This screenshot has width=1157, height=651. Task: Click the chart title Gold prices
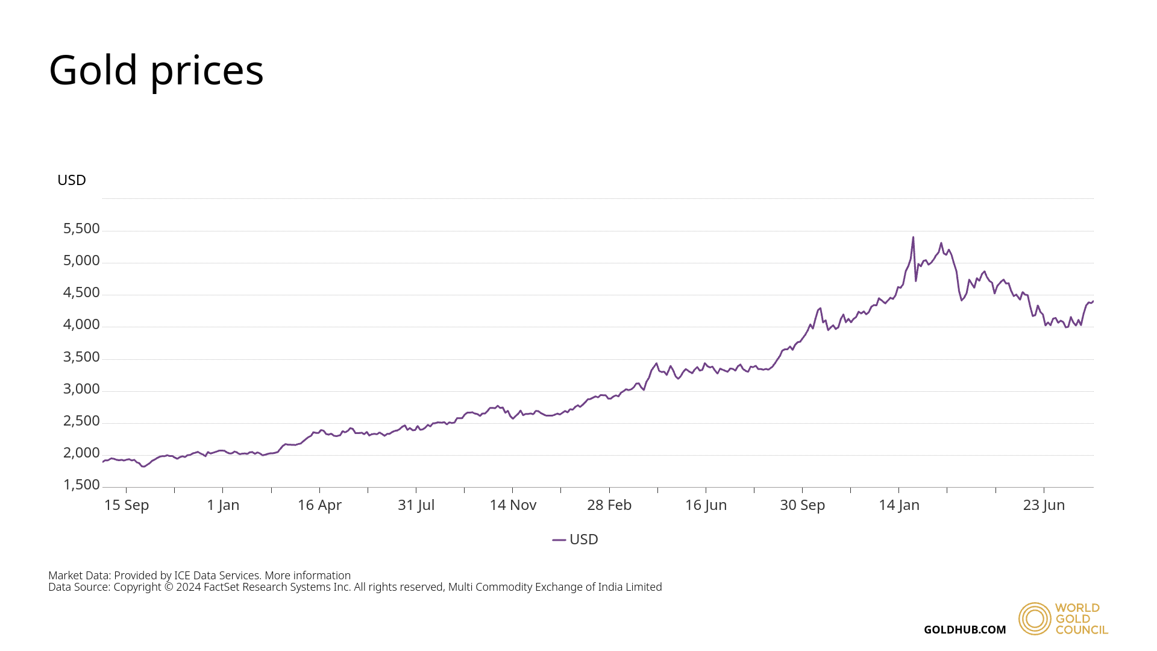click(x=156, y=70)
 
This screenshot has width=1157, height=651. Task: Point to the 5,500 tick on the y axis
click(x=81, y=228)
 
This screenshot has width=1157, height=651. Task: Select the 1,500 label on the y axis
click(x=81, y=485)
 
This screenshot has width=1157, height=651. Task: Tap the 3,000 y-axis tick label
click(x=81, y=389)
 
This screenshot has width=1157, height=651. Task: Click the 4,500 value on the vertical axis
click(x=81, y=292)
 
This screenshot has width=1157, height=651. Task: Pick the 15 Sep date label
click(x=127, y=505)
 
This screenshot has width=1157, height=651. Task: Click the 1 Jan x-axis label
click(x=223, y=505)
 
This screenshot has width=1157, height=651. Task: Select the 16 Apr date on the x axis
click(x=319, y=505)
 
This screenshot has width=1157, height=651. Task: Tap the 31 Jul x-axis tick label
click(x=416, y=505)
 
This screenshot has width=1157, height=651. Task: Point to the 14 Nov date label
click(x=513, y=505)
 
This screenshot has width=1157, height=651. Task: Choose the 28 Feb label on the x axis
click(x=609, y=505)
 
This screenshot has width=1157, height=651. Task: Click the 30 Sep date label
click(x=803, y=505)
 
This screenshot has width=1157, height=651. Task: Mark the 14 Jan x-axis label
click(x=899, y=505)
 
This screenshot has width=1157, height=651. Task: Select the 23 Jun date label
click(x=1044, y=505)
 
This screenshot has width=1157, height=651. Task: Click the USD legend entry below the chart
click(x=575, y=539)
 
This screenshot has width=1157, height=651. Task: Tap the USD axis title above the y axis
click(x=72, y=180)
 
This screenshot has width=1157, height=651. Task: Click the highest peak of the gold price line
click(x=913, y=237)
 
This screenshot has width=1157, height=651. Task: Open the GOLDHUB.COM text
click(x=965, y=630)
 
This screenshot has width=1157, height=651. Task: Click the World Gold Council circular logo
click(x=1035, y=618)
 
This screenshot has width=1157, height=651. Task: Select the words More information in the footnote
click(x=307, y=576)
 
